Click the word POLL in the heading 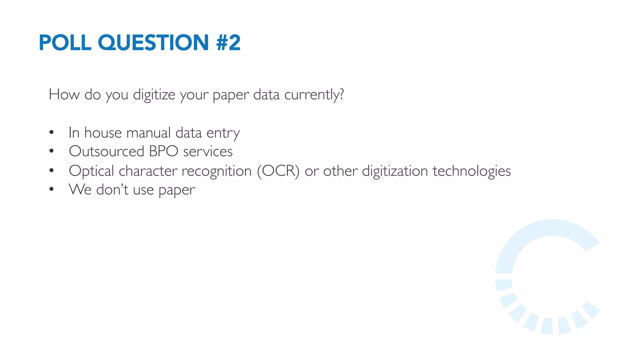(65, 42)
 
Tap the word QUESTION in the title (153, 42)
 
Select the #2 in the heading (228, 42)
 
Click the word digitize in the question (154, 94)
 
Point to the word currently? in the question (314, 94)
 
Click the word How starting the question (64, 94)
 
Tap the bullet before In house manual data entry (52, 132)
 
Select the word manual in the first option (148, 132)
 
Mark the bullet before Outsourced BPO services (52, 151)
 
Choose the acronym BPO (163, 151)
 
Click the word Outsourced (106, 151)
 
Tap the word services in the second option (208, 151)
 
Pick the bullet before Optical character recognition (52, 171)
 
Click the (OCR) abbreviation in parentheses (278, 171)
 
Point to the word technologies (472, 171)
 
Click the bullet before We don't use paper (52, 189)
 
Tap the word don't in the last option (112, 189)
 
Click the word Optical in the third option (91, 171)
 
